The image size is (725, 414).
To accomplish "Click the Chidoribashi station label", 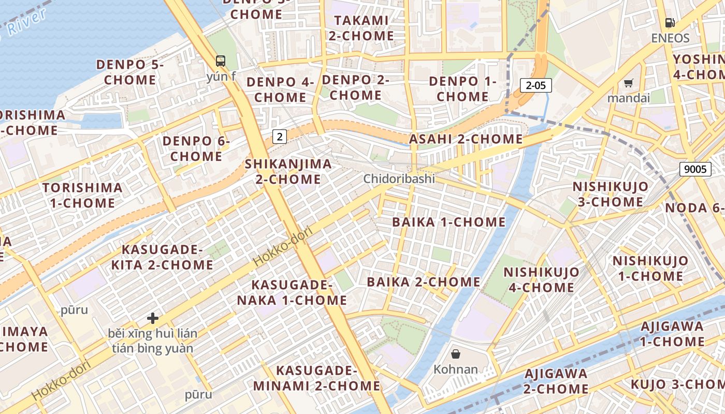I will (x=399, y=179).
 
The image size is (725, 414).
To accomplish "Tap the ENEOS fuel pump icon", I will (x=670, y=23).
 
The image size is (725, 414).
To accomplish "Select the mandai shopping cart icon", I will (x=629, y=83).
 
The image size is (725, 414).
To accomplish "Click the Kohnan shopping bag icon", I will (x=456, y=354).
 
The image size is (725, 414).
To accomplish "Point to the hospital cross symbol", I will (x=153, y=318).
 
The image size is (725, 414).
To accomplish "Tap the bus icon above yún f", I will (x=221, y=61).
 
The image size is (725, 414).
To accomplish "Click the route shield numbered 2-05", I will (x=535, y=85).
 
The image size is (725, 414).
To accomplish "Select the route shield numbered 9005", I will (x=695, y=169).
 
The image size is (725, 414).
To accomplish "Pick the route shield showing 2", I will (x=280, y=137).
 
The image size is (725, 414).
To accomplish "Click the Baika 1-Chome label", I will (x=448, y=222).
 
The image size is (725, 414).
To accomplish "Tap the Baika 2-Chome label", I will (x=424, y=282).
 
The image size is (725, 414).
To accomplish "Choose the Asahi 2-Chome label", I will (x=466, y=139).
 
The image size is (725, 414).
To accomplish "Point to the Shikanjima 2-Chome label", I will (x=288, y=171).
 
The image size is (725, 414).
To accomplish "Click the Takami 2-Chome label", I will (x=361, y=28).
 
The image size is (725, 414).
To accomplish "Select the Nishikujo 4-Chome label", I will (x=541, y=279).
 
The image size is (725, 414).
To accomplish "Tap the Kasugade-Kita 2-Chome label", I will (x=162, y=257).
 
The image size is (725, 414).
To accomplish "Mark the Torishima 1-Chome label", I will (x=82, y=195).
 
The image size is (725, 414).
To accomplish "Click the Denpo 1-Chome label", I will (x=462, y=88).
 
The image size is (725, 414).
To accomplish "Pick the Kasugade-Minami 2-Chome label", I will (x=316, y=378).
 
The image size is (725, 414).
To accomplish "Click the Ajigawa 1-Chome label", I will (x=672, y=334).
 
